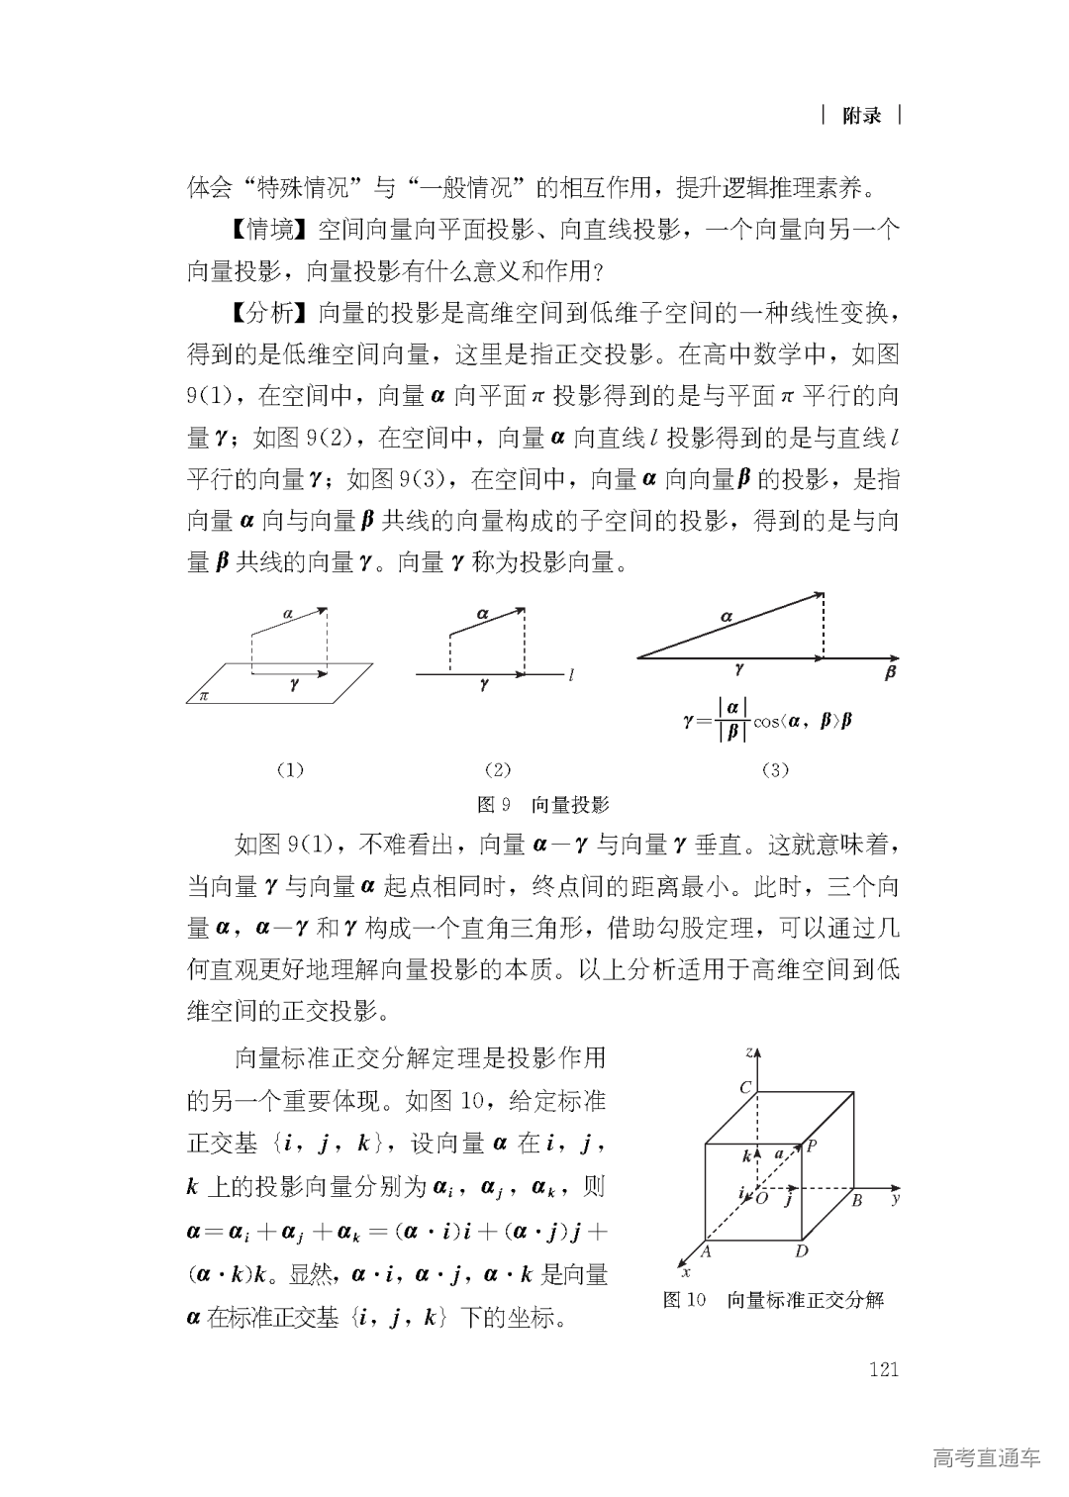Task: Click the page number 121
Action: point(882,1369)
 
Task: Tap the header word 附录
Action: point(861,116)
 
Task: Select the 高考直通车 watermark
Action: point(986,1457)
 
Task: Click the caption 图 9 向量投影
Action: point(542,804)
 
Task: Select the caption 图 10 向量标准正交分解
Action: point(773,1300)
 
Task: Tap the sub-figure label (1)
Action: point(289,769)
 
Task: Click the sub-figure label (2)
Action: point(497,769)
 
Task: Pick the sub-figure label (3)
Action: point(774,769)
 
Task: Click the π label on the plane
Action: point(205,695)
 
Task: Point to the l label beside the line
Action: point(572,676)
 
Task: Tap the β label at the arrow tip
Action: point(890,674)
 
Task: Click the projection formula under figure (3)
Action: point(768,721)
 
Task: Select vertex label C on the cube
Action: point(746,1087)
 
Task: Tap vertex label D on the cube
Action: point(802,1250)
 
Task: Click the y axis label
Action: point(895,1199)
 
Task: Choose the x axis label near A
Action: point(686,1272)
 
